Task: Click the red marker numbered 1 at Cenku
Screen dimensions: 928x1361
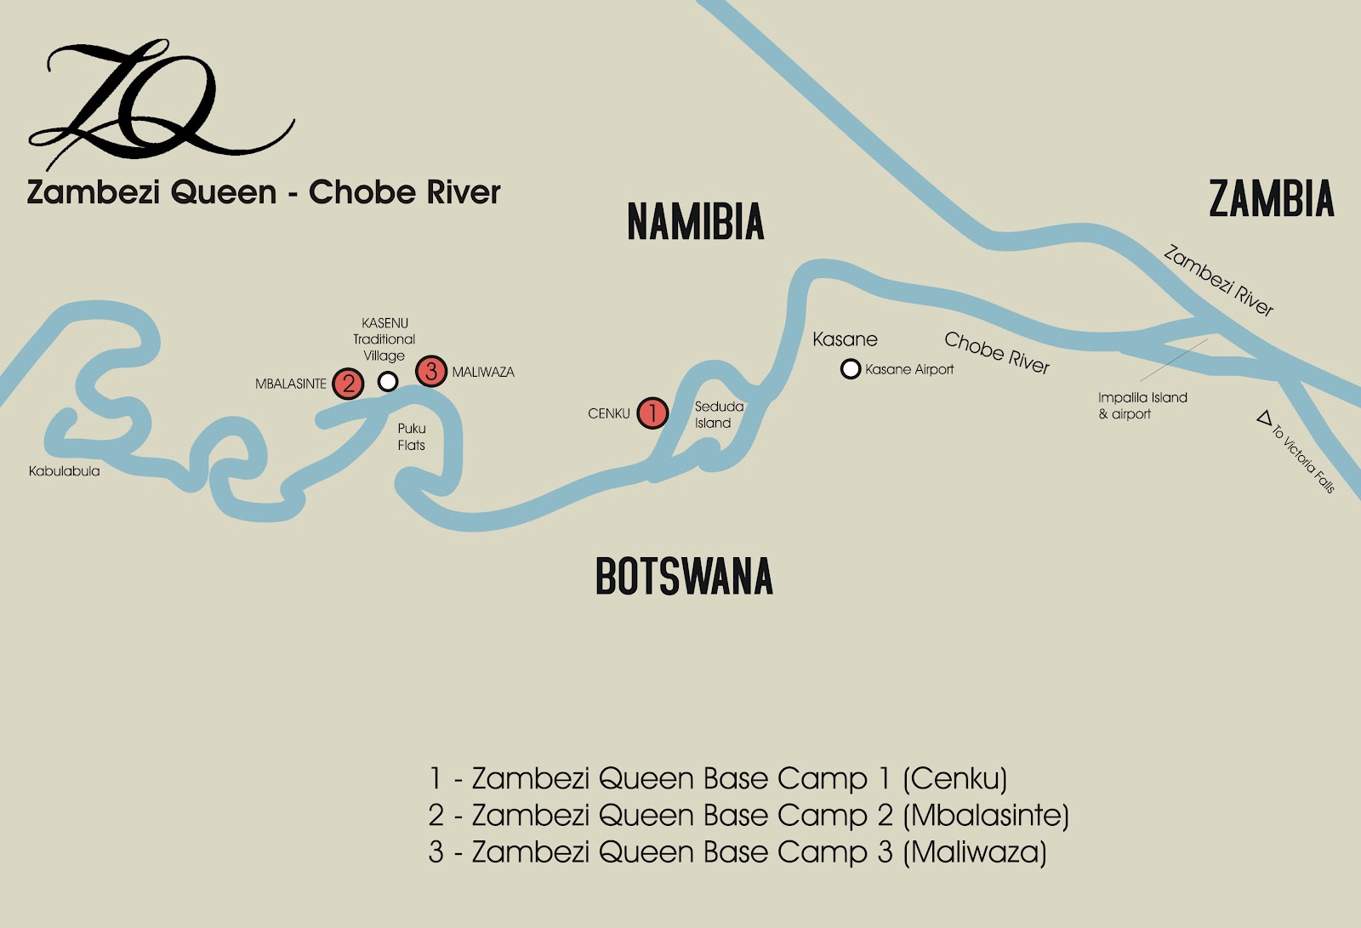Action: tap(652, 413)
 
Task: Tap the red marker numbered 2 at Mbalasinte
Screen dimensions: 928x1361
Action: tap(348, 384)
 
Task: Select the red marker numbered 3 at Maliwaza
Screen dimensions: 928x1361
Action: tap(431, 371)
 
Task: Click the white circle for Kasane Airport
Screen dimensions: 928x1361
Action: tap(850, 369)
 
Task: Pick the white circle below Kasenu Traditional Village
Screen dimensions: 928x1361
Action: tap(388, 381)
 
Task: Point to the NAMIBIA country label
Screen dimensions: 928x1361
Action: tap(695, 222)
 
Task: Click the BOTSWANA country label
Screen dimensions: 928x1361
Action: tap(684, 576)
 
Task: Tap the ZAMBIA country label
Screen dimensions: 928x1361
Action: tap(1271, 199)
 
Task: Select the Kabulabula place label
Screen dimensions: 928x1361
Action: tap(65, 471)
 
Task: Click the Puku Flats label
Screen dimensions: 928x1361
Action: tap(412, 436)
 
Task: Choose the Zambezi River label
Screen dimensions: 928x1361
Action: tap(1218, 281)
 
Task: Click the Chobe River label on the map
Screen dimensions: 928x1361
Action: tap(997, 352)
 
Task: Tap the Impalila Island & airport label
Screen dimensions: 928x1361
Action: tap(1142, 406)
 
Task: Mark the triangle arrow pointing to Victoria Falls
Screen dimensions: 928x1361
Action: tap(1265, 418)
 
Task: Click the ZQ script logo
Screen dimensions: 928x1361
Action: tap(153, 102)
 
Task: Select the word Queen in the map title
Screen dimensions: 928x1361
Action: tap(224, 192)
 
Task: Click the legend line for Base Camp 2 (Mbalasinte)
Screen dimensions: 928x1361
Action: tap(749, 815)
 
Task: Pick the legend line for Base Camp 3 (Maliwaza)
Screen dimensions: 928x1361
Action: tap(737, 851)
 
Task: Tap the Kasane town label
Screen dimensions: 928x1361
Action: tap(845, 339)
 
